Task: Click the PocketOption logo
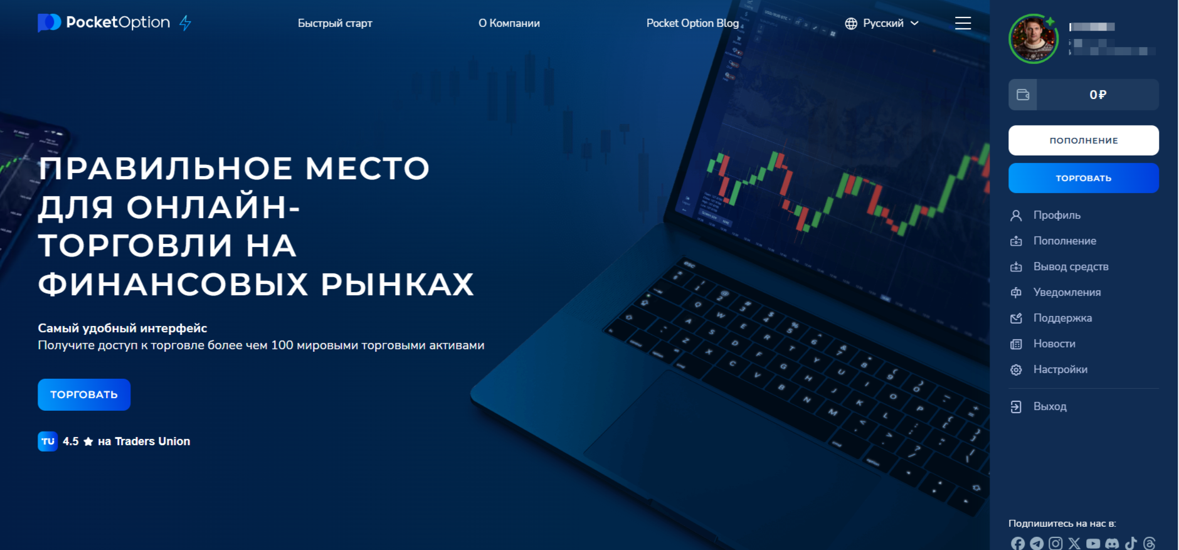[x=104, y=23]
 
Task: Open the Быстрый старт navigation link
[x=335, y=23]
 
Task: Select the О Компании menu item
[x=509, y=23]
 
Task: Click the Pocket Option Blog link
[x=692, y=23]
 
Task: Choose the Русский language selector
[x=882, y=23]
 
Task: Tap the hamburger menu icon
[x=963, y=23]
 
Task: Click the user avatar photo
[x=1033, y=39]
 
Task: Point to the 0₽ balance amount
[x=1097, y=95]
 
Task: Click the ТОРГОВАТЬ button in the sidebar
[x=1083, y=178]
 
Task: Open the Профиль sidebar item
[x=1057, y=215]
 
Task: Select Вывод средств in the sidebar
[x=1071, y=267]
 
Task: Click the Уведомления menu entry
[x=1067, y=292]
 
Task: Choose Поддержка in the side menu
[x=1062, y=318]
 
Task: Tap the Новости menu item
[x=1054, y=344]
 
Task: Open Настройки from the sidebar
[x=1060, y=369]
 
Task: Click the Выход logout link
[x=1049, y=406]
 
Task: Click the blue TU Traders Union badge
[x=48, y=442]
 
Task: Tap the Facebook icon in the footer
[x=1018, y=543]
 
